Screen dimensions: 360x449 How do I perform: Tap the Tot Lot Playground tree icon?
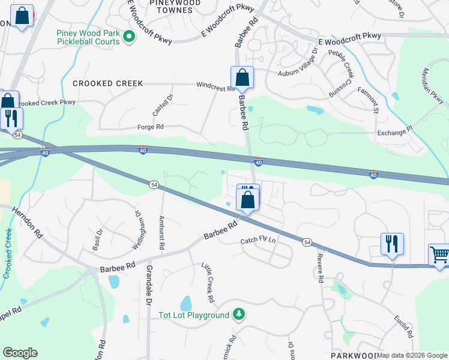[239, 314]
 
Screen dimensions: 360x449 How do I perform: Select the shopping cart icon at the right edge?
[439, 255]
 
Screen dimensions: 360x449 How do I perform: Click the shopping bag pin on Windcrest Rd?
[242, 78]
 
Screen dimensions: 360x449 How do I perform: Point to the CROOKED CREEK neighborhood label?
[108, 83]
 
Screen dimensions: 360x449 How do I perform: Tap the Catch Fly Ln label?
[258, 241]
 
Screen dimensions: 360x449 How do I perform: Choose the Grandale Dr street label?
[149, 285]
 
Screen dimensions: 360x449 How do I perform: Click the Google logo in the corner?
[20, 352]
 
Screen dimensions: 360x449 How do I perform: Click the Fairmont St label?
[369, 100]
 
